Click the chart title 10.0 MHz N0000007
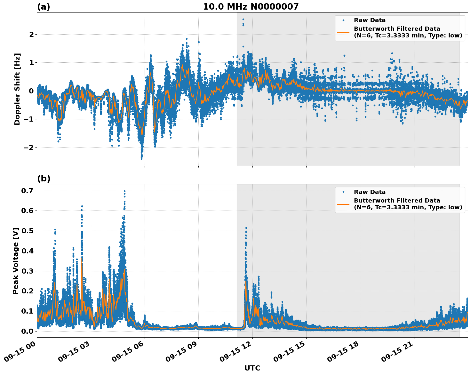click(x=251, y=7)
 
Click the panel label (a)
click(x=44, y=7)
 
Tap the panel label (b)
click(x=44, y=179)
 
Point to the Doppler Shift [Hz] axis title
click(x=17, y=89)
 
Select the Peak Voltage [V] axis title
click(x=16, y=261)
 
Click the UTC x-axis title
click(x=252, y=368)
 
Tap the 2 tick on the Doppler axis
click(x=31, y=34)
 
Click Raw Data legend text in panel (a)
click(x=370, y=20)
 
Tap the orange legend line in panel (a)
click(x=343, y=32)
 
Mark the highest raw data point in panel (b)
click(x=124, y=191)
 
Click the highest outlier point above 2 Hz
click(x=243, y=20)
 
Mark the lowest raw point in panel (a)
click(x=141, y=158)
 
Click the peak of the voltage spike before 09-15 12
click(x=246, y=228)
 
